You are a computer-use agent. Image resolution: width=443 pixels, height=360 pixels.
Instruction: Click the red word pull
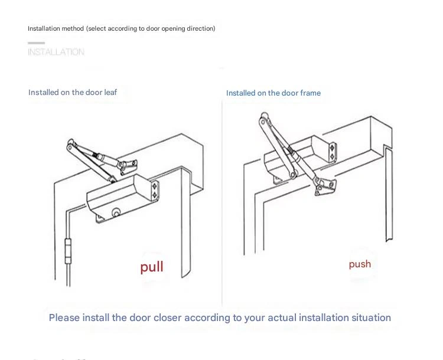click(x=152, y=267)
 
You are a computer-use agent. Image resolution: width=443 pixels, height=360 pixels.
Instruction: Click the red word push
click(x=360, y=264)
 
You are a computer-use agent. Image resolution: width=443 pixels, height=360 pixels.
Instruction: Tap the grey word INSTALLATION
click(x=56, y=52)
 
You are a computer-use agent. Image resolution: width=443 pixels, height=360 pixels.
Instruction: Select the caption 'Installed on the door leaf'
click(x=73, y=92)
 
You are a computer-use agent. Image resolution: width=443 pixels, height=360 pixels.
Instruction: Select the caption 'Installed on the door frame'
click(x=273, y=93)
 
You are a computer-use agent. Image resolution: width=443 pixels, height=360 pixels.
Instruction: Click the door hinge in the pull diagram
click(x=68, y=251)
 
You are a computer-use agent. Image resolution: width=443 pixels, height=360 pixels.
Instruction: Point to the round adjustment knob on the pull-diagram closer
click(x=116, y=212)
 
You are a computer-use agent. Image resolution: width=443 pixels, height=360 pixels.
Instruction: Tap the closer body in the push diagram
click(x=299, y=155)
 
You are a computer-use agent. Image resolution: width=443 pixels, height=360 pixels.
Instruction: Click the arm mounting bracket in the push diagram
click(x=325, y=186)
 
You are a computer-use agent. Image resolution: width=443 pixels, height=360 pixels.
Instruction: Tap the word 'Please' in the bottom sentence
click(x=64, y=318)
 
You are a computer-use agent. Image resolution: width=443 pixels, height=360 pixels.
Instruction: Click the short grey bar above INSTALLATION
click(x=36, y=43)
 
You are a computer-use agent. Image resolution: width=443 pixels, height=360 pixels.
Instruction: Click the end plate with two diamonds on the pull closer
click(x=155, y=191)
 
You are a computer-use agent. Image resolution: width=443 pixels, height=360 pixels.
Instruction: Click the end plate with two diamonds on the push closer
click(x=332, y=152)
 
